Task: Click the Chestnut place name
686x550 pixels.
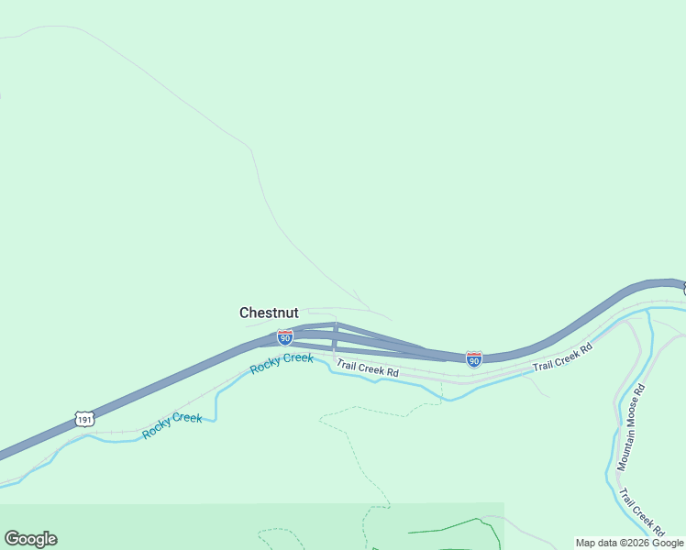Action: click(269, 313)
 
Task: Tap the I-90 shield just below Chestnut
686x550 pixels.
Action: click(285, 338)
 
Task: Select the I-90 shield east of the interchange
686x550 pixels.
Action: click(473, 359)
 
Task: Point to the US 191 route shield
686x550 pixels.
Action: click(84, 418)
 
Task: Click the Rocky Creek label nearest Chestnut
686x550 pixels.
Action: click(282, 362)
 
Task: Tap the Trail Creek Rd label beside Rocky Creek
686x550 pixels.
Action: click(367, 368)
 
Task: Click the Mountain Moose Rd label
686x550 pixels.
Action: click(631, 427)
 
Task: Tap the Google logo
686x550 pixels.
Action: click(30, 539)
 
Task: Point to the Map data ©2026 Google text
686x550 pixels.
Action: click(629, 543)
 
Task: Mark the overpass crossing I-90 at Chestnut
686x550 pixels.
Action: click(335, 335)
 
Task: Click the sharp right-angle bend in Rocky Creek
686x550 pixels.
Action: click(216, 420)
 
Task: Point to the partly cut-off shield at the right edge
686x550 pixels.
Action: click(683, 289)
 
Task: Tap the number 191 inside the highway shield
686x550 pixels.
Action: click(84, 419)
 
